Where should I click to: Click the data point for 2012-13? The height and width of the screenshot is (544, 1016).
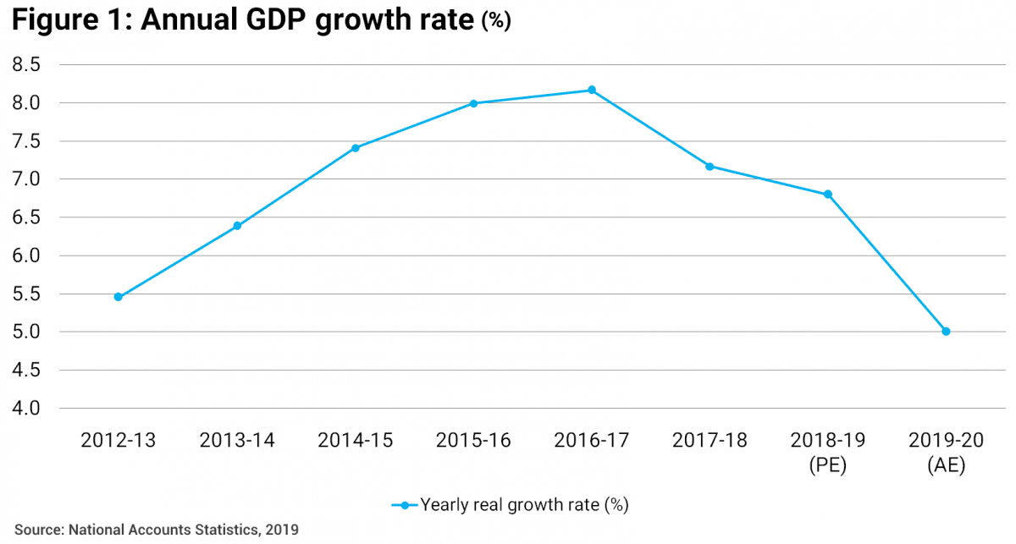click(x=119, y=297)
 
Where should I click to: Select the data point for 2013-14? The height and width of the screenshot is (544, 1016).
click(x=237, y=226)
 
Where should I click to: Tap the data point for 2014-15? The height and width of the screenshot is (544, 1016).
click(x=356, y=148)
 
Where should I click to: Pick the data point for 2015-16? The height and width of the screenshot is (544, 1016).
click(x=473, y=103)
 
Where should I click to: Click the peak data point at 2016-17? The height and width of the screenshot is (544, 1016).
click(x=592, y=90)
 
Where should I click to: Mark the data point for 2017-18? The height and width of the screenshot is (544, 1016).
click(x=710, y=166)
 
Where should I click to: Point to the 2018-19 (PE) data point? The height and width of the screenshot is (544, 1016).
click(x=828, y=194)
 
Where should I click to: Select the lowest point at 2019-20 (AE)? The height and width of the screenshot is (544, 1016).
click(x=946, y=332)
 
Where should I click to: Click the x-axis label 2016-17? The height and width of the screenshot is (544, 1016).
click(x=592, y=441)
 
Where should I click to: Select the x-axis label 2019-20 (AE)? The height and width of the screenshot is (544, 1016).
click(x=946, y=452)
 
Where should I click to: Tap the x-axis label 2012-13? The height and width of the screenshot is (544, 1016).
click(x=119, y=441)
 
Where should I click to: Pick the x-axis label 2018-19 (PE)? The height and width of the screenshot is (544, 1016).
click(x=828, y=452)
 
